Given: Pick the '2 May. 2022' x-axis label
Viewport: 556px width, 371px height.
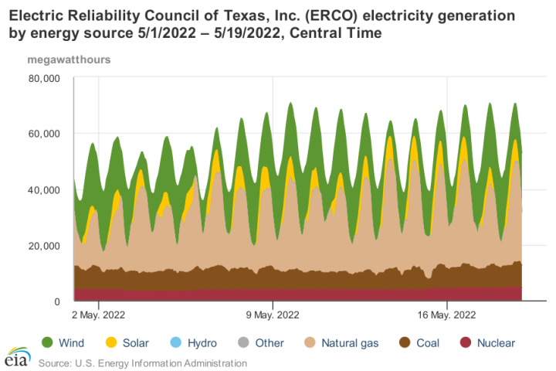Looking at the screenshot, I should click(x=99, y=315).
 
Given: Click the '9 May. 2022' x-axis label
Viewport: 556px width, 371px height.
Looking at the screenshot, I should click(x=272, y=315).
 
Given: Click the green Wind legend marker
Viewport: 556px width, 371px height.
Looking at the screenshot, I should click(x=47, y=342).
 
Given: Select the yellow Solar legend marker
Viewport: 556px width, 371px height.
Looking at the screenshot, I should click(x=112, y=342).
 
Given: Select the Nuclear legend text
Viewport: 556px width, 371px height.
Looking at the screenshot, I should click(x=496, y=342).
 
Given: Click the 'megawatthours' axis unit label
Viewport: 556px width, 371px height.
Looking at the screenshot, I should click(x=69, y=60).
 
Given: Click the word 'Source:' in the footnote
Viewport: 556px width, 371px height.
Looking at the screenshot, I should click(x=56, y=362).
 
